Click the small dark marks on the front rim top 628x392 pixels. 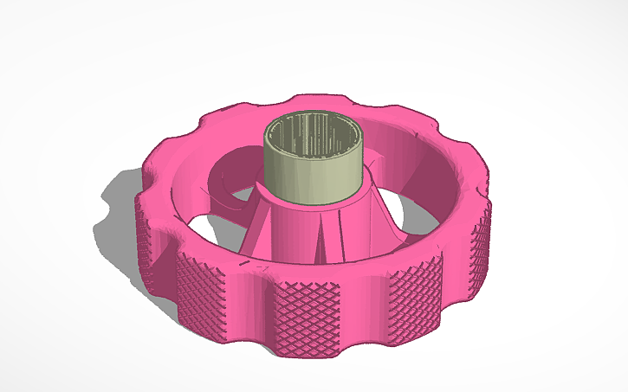(251, 259)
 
